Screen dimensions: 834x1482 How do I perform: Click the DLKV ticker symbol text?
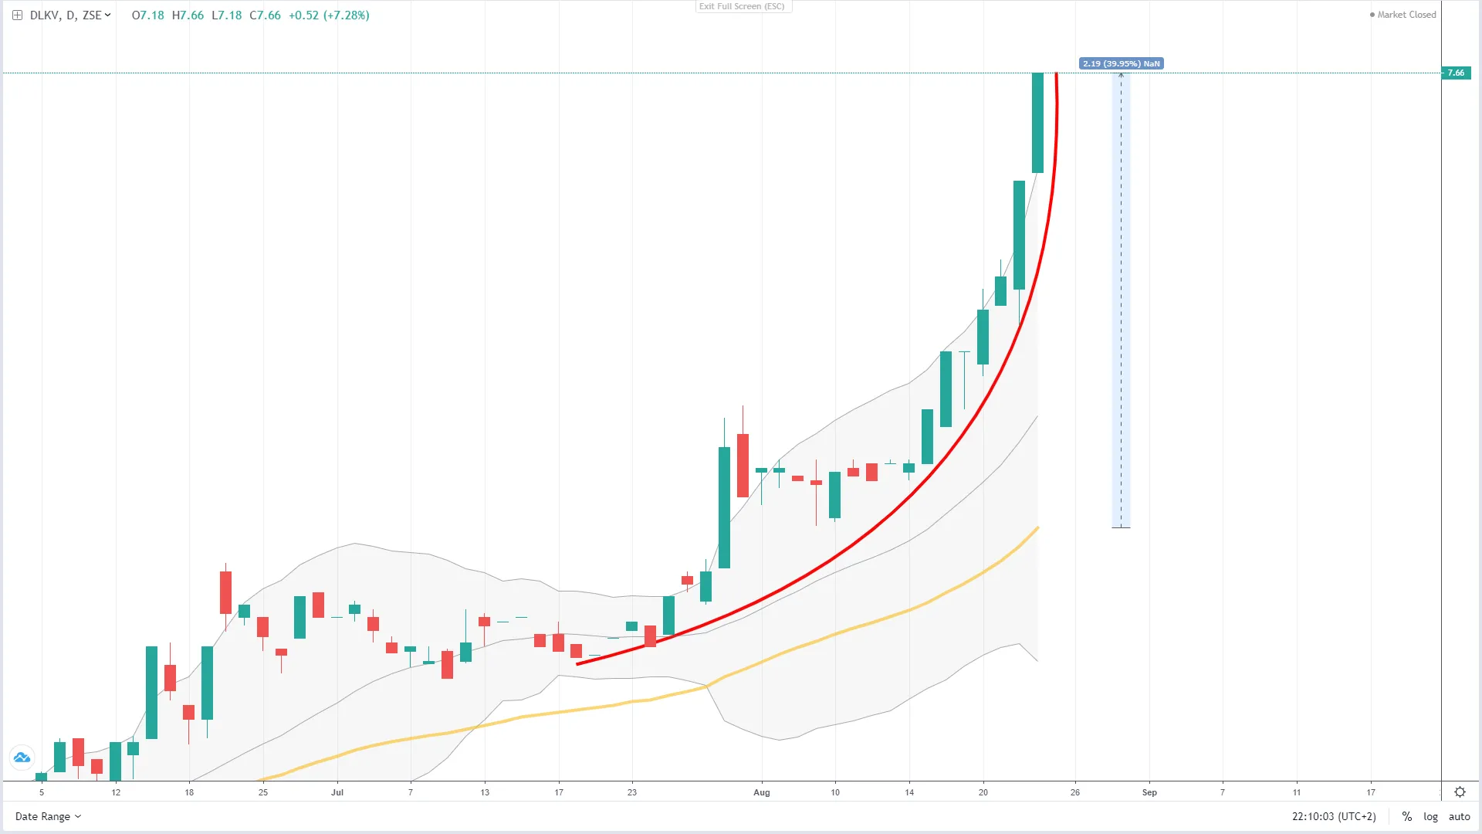point(44,15)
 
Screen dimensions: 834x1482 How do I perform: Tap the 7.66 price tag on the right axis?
point(1456,73)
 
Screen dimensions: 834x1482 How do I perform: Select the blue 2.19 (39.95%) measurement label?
point(1121,63)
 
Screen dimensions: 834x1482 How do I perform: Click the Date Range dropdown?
point(48,816)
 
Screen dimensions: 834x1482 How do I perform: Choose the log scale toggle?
point(1430,816)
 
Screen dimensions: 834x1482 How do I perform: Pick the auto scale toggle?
point(1459,816)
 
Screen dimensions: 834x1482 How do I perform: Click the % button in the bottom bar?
point(1407,816)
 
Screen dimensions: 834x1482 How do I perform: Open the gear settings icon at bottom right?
point(1460,792)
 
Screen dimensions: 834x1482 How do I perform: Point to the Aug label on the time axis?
point(762,792)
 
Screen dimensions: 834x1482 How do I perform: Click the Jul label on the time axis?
point(337,792)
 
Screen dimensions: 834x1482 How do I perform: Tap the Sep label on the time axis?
point(1149,792)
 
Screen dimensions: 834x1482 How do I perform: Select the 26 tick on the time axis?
point(1075,792)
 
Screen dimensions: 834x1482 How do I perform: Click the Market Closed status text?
point(1406,15)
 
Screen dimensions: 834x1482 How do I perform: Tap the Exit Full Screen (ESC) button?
point(742,6)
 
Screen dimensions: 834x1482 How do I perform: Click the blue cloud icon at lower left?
point(22,758)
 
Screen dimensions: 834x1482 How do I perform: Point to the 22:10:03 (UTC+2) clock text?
point(1334,816)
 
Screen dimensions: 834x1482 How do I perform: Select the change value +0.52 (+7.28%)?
point(329,15)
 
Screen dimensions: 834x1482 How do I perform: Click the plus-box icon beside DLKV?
point(17,15)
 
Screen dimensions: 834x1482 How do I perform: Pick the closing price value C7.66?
point(265,15)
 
